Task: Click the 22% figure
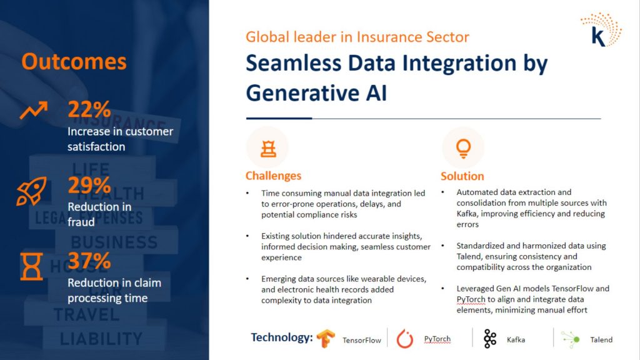tap(89, 109)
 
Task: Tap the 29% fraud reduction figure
tap(89, 185)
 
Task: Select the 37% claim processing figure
tap(89, 261)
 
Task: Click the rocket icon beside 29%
tap(31, 191)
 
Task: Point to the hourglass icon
tap(31, 266)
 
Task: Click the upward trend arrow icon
tap(34, 110)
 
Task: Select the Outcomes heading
tap(74, 62)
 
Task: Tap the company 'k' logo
tap(601, 30)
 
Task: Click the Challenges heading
tap(273, 176)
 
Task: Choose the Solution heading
tap(462, 176)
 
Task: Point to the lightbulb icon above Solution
tap(463, 148)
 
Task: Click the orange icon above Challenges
tap(268, 149)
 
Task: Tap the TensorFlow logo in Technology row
tap(325, 338)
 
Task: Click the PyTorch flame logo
tap(405, 339)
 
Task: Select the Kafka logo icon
tap(490, 339)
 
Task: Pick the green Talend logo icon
tap(571, 339)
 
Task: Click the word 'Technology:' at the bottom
tap(282, 337)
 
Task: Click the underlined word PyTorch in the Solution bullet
tap(471, 299)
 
